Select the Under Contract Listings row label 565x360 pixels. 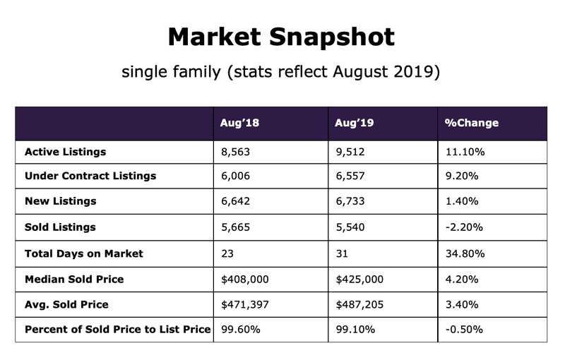[x=90, y=176]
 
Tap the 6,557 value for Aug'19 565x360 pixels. [x=351, y=176]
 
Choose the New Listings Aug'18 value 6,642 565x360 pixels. [x=237, y=202]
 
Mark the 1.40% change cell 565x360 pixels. [x=462, y=202]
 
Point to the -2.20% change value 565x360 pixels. [x=463, y=227]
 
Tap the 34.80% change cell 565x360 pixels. [x=465, y=253]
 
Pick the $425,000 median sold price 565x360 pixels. [x=359, y=280]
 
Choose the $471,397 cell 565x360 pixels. [x=245, y=305]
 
